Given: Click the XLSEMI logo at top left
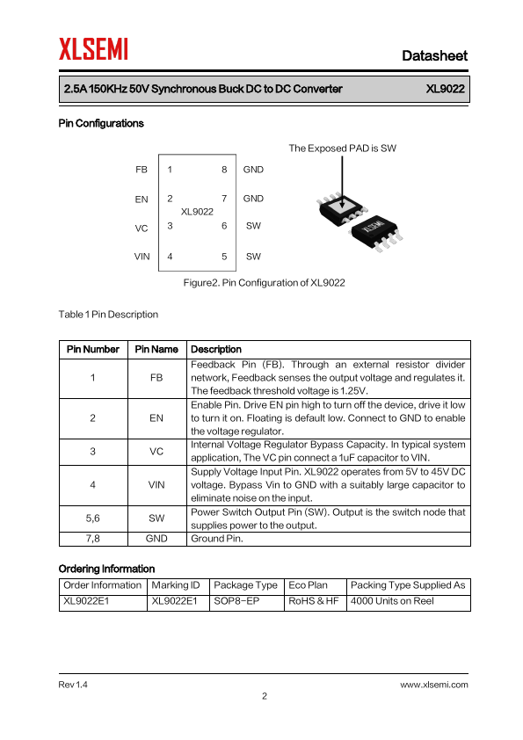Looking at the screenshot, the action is point(93,49).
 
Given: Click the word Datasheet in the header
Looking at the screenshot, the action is point(434,55).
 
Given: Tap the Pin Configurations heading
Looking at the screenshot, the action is point(101,123).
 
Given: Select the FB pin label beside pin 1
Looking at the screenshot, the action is point(142,170).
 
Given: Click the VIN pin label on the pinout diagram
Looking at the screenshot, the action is point(142,257).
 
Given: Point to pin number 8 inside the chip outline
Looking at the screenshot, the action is point(224,170).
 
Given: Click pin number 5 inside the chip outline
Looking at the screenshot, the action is point(224,257).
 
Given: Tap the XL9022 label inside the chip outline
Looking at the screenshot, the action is point(197,212).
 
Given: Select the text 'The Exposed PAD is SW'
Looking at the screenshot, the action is point(342,149).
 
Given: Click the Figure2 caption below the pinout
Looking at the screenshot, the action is point(264,283).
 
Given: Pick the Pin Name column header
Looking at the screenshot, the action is point(156,349).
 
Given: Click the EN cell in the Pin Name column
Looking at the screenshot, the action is point(156,418).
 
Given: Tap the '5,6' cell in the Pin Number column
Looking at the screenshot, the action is point(92,519).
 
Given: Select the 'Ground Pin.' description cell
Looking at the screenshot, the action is point(216,539).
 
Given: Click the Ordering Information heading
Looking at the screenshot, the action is point(106,569).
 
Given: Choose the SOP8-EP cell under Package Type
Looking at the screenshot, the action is point(236,601).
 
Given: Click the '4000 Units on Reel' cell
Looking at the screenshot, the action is point(392,601).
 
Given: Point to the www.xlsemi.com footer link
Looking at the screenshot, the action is point(434,685).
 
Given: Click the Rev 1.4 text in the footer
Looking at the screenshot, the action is point(73,685).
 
